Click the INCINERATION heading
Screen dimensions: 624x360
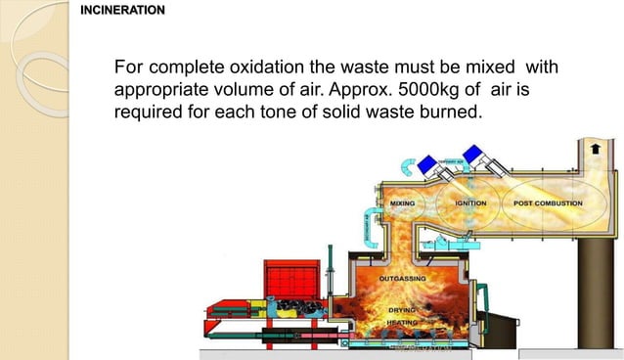coord(122,11)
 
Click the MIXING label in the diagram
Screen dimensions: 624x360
coord(403,203)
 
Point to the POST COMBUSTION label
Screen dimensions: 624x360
coord(548,203)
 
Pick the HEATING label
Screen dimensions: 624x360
coord(403,321)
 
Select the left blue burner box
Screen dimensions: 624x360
coord(407,162)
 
